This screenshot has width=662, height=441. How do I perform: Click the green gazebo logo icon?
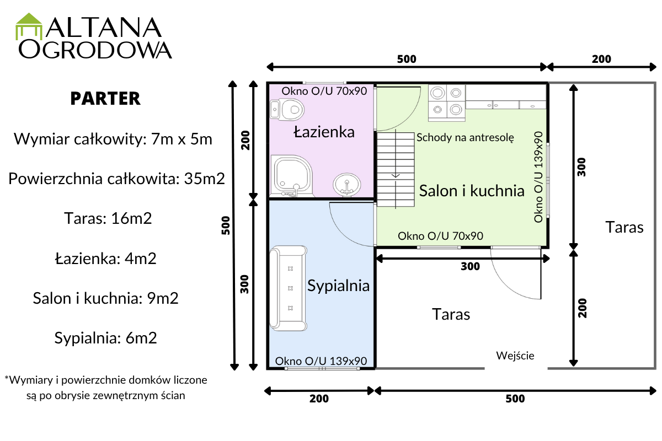point(29,26)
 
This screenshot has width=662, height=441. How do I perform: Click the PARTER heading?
point(105,98)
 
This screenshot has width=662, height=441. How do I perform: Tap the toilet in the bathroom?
point(287,110)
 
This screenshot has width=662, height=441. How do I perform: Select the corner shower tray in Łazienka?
point(292,176)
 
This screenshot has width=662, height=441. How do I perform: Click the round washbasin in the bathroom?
point(346,185)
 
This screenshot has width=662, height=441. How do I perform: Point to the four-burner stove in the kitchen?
point(447,103)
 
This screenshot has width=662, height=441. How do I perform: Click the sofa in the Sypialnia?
point(289,288)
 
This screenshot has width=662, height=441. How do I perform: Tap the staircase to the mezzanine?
point(396,169)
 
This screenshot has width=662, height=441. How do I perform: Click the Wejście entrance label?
point(515,356)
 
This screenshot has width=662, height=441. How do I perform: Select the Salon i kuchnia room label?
point(472,191)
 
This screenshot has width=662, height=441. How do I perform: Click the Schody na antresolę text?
point(465,138)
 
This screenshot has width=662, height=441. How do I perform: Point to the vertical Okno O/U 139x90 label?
point(538,176)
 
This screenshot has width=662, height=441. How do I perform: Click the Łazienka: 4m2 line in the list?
point(105,259)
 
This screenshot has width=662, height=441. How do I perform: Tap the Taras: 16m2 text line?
point(108,219)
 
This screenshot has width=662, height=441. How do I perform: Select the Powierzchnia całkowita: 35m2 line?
point(117,179)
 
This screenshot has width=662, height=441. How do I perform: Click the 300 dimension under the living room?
point(470,266)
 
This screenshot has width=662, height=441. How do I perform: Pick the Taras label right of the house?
point(624,228)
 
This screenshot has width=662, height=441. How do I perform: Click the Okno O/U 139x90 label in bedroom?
point(321,361)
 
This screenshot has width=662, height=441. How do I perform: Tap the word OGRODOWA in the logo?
point(95,50)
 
